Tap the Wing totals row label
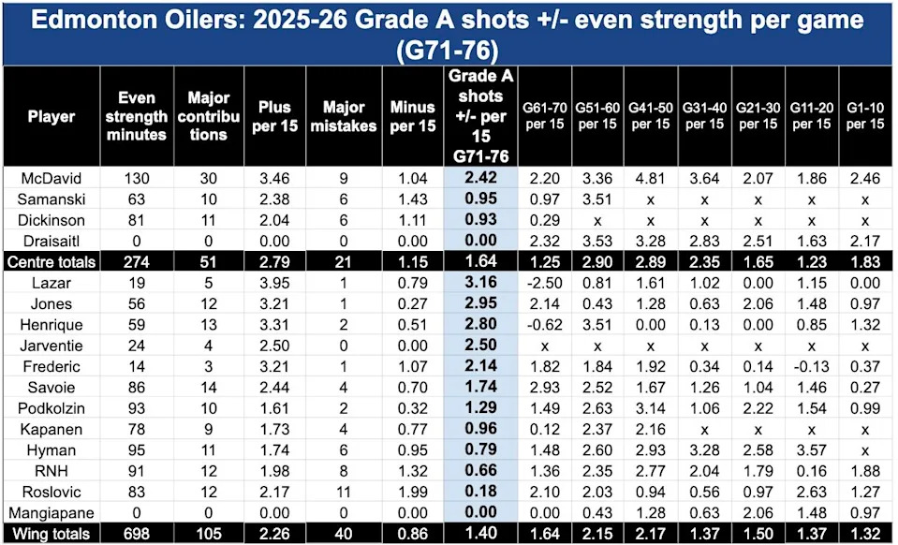52,534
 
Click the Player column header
52,116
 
